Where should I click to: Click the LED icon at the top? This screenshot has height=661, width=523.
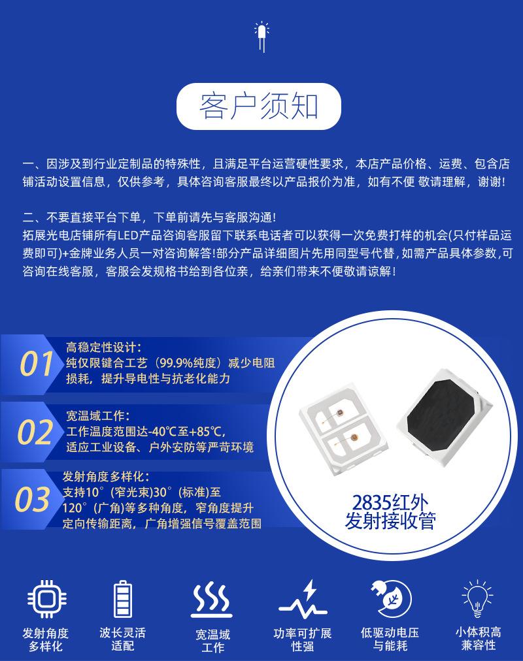(x=261, y=37)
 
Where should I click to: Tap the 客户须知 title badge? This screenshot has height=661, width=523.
(x=258, y=106)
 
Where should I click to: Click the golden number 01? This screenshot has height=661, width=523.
(x=37, y=364)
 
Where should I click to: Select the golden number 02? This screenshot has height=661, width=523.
(x=35, y=432)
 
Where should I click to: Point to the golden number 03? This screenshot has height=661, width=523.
(x=33, y=500)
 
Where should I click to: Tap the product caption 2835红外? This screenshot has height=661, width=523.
(x=390, y=502)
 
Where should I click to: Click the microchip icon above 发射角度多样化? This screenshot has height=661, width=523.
(x=46, y=598)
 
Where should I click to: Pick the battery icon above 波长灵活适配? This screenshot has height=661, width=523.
(x=123, y=599)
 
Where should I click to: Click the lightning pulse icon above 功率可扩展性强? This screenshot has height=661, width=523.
(x=303, y=598)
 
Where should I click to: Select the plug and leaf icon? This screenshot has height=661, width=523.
(x=391, y=598)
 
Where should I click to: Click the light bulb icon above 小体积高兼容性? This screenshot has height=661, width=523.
(x=477, y=598)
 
